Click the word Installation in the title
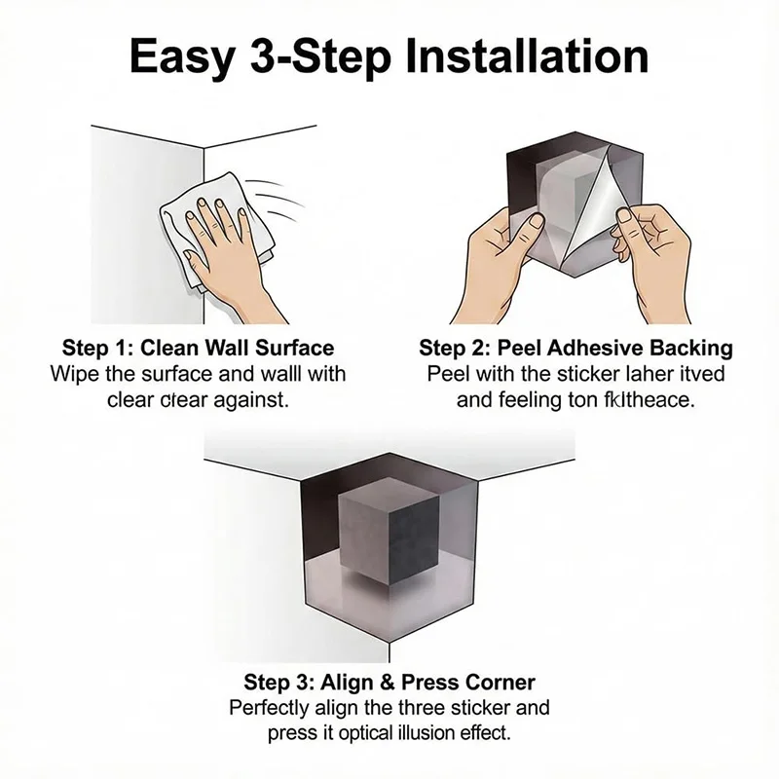coord(526,57)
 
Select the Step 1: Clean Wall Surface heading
coord(198,348)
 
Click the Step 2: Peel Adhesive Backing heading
coord(575,348)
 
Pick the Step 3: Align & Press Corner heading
coord(389,682)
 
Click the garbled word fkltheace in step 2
coord(651,399)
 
